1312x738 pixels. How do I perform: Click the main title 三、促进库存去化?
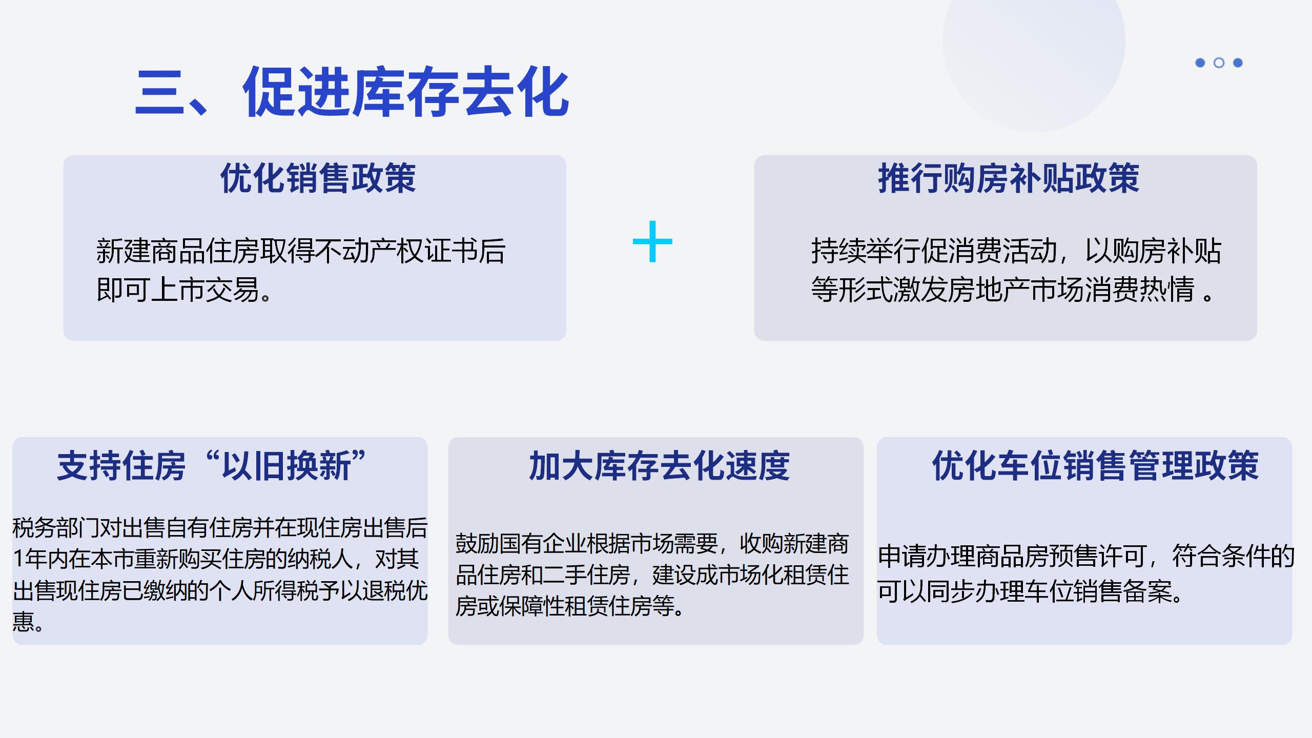353,92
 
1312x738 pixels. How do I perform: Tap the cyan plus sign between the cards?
652,241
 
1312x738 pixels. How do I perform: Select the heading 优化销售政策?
318,178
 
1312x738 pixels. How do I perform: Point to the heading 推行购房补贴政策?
1008,178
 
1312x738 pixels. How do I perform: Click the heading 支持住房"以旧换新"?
211,465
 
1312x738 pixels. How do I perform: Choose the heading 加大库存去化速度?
659,465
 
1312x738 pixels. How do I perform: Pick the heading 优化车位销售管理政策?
1095,465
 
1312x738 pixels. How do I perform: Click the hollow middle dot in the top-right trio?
1219,63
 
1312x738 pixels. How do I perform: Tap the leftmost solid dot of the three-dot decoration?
1200,63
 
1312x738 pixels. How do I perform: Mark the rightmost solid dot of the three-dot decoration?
1238,63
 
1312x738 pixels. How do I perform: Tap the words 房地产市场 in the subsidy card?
1002,290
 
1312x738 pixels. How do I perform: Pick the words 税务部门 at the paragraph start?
55,528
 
